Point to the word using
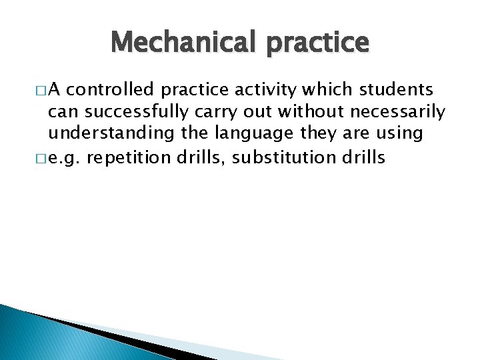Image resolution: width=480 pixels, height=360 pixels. (x=399, y=133)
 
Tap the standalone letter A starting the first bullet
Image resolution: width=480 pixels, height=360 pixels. (x=55, y=90)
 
